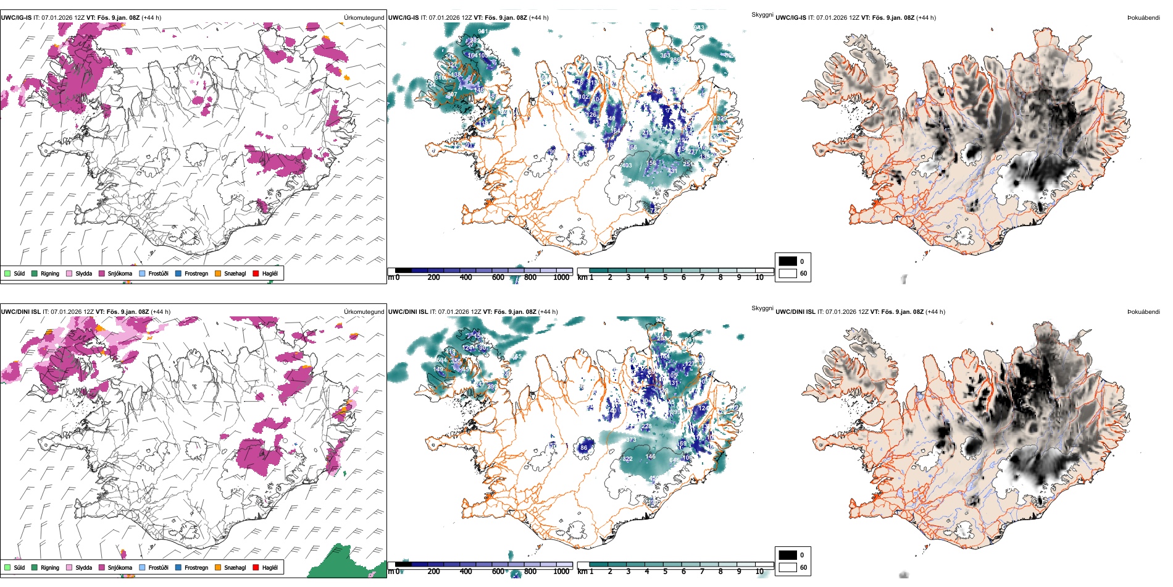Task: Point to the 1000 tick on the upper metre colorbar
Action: [x=561, y=277]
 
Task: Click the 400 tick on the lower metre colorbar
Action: [x=466, y=572]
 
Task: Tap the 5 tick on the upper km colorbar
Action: [x=666, y=277]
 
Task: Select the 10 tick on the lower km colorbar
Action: [x=759, y=572]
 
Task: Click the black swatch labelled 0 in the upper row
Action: [x=788, y=261]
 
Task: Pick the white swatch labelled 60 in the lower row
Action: [x=788, y=567]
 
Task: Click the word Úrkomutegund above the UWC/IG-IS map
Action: [x=364, y=18]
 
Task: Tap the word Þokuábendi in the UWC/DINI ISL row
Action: [x=1143, y=312]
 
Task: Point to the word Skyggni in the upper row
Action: [x=762, y=15]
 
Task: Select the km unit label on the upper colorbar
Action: [x=582, y=277]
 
